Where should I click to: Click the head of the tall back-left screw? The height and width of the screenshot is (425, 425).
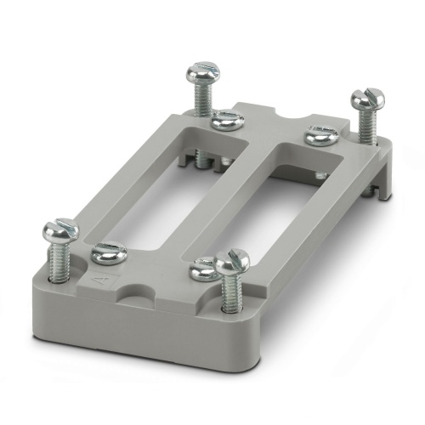pos(202,72)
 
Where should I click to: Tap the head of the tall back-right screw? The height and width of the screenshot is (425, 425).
pos(367,99)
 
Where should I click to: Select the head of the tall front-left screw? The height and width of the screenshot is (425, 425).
pos(60,229)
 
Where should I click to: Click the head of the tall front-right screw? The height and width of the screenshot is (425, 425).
pos(232,261)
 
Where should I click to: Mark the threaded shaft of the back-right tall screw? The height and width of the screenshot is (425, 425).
pos(365,126)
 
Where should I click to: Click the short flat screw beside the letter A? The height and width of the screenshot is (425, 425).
pos(109,252)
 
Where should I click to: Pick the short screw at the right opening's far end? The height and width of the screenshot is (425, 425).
pos(321,133)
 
